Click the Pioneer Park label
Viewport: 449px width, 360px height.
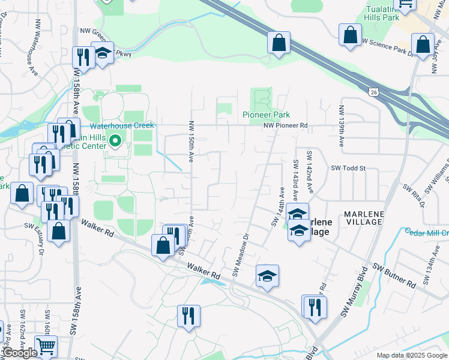(x=266, y=115)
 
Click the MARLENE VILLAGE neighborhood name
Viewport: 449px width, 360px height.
(x=363, y=218)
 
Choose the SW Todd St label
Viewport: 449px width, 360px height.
(x=348, y=169)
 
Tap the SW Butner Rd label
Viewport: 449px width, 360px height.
(x=394, y=274)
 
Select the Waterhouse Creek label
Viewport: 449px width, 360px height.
(x=122, y=125)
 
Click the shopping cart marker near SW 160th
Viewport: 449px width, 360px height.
(x=46, y=345)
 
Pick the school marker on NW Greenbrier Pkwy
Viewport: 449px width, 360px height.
(x=103, y=52)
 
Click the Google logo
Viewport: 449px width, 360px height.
(x=20, y=353)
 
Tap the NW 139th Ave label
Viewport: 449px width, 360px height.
(x=342, y=127)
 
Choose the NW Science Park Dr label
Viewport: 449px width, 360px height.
(x=387, y=47)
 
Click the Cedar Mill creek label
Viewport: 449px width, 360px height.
(x=427, y=232)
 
